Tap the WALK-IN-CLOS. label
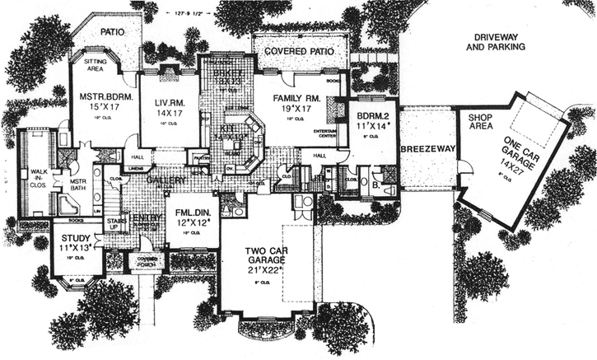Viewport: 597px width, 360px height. tap(40, 176)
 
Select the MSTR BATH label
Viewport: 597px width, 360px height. tap(77, 186)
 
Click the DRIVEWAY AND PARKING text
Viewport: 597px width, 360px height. tap(494, 43)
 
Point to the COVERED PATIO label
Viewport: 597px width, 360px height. tap(297, 51)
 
